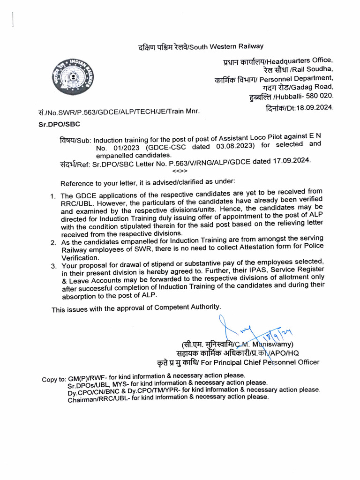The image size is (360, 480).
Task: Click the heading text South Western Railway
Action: click(228, 46)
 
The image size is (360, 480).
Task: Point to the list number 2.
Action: click(54, 242)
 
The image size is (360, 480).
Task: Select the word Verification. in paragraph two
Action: click(79, 257)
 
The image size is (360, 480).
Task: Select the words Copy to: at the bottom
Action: click(54, 379)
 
